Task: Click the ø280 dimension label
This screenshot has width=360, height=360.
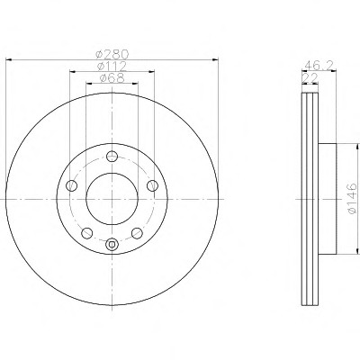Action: [112, 54]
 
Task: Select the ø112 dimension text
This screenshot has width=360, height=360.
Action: [112, 66]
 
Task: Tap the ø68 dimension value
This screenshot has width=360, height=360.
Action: [112, 78]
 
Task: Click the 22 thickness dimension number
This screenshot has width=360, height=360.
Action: [310, 77]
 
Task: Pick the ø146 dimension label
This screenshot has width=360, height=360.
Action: [352, 198]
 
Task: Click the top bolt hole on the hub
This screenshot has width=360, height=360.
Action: [112, 156]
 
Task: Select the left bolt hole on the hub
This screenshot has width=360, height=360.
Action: [71, 185]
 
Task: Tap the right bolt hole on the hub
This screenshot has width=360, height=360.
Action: [152, 185]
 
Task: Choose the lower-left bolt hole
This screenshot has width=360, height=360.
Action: [86, 233]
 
